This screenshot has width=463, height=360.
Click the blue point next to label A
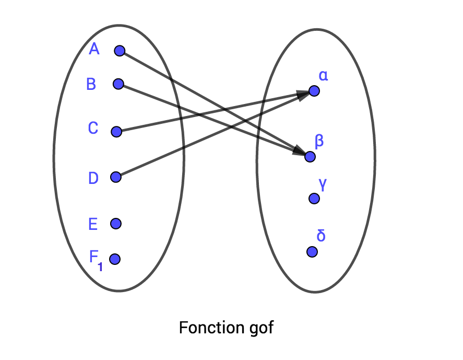pyautogui.click(x=120, y=51)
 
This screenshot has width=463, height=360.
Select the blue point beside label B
pyautogui.click(x=118, y=84)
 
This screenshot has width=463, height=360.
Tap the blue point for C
pyautogui.click(x=116, y=132)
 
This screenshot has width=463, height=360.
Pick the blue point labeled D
pyautogui.click(x=116, y=177)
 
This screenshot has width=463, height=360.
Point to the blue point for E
pyautogui.click(x=116, y=224)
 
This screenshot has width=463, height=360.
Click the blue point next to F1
pyautogui.click(x=115, y=259)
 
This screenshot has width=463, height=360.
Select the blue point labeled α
pyautogui.click(x=314, y=91)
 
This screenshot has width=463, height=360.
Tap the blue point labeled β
pyautogui.click(x=310, y=156)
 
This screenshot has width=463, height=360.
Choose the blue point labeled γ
pyautogui.click(x=314, y=198)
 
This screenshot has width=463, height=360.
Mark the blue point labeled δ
pyautogui.click(x=312, y=252)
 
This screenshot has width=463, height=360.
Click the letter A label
pyautogui.click(x=94, y=49)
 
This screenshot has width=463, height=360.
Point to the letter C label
pyautogui.click(x=93, y=128)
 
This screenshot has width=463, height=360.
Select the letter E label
pyautogui.click(x=93, y=225)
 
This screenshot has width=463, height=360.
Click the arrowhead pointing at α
pyautogui.click(x=303, y=94)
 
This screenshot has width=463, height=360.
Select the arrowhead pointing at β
pyautogui.click(x=300, y=152)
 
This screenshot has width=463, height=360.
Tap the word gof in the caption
pyautogui.click(x=258, y=328)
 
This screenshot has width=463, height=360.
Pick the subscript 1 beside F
pyautogui.click(x=100, y=267)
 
